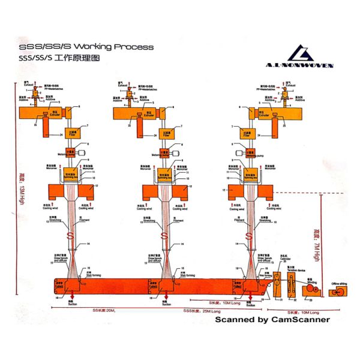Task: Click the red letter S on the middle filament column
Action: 168,235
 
